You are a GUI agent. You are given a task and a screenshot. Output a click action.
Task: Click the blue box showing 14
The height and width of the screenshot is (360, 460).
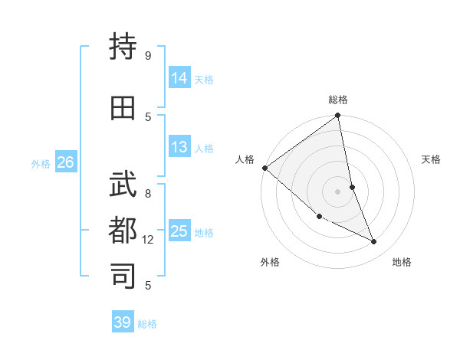(x=179, y=78)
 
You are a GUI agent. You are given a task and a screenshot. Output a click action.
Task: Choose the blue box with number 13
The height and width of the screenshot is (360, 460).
(x=179, y=147)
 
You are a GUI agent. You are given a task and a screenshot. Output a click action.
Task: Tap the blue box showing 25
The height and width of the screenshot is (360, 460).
(x=179, y=231)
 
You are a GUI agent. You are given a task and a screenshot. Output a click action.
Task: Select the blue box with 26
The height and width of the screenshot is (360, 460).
(x=65, y=162)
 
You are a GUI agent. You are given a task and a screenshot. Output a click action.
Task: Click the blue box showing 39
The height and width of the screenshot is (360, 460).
(x=123, y=322)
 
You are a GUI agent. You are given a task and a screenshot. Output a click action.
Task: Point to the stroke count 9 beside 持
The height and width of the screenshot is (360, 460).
(x=148, y=55)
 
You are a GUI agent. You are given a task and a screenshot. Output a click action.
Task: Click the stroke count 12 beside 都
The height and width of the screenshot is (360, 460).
(x=148, y=240)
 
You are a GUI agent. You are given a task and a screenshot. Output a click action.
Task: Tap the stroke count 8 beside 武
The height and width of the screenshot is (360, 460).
(x=148, y=194)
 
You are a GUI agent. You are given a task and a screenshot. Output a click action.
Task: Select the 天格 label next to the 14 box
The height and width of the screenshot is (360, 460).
(x=204, y=79)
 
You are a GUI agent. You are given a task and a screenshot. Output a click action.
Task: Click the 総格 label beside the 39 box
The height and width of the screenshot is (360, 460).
(x=147, y=323)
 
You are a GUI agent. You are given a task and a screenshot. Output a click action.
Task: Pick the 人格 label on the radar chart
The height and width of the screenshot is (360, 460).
(x=245, y=159)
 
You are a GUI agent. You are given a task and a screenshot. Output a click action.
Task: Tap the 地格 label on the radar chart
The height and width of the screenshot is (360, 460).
(x=402, y=262)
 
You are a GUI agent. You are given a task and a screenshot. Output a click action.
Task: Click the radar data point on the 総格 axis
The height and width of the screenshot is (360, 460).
(x=337, y=116)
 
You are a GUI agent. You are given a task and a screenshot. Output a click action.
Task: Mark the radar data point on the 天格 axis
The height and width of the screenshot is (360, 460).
(x=352, y=187)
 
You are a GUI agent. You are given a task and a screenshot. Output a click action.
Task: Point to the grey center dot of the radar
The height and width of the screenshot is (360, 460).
(x=337, y=191)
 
